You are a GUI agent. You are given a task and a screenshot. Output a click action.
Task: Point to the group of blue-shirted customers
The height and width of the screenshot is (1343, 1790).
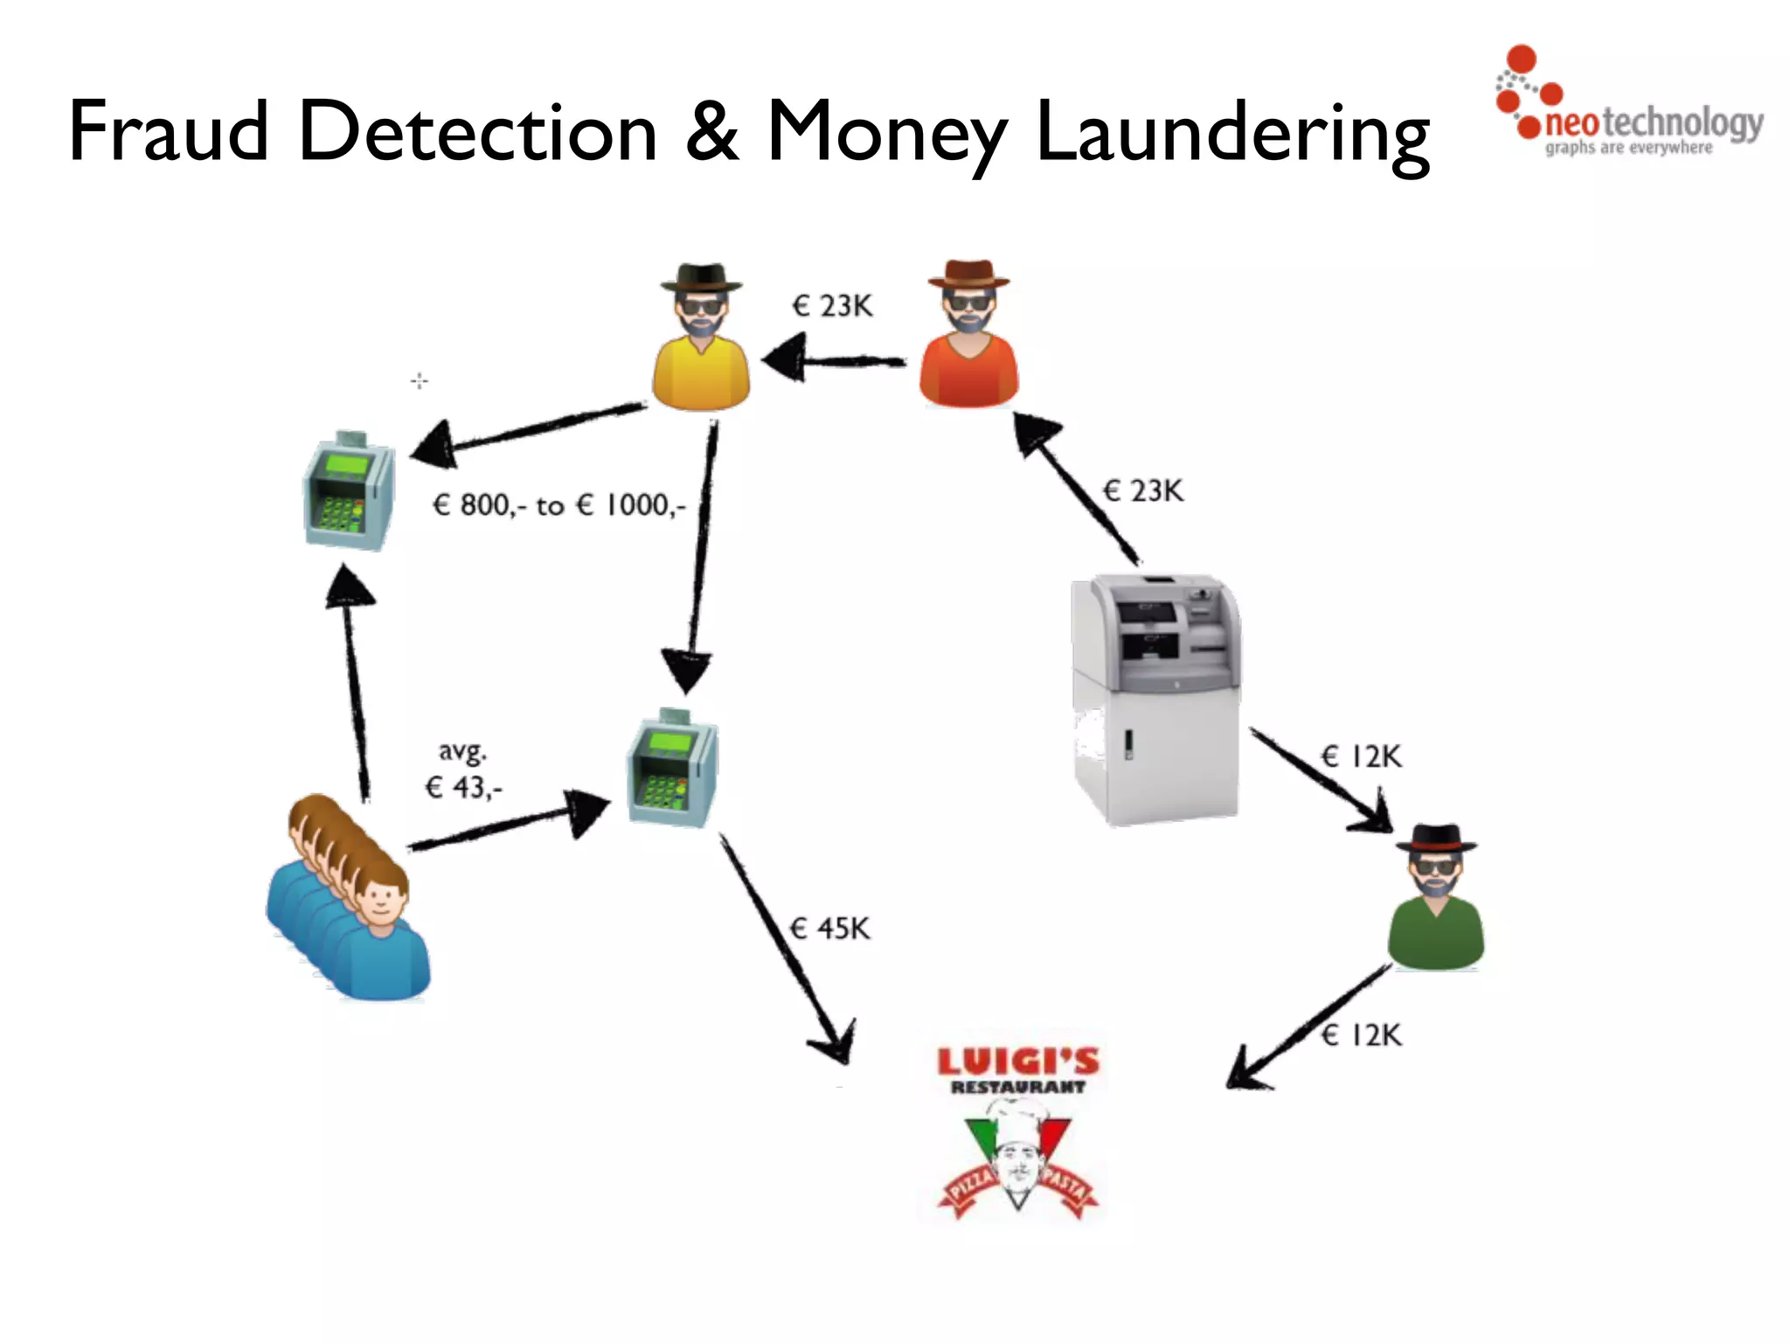click(x=350, y=901)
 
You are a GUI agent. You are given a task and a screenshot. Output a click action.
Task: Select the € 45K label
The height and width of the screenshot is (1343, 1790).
click(x=829, y=929)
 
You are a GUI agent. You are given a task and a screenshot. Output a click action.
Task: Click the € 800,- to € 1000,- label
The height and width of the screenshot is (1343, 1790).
click(x=559, y=505)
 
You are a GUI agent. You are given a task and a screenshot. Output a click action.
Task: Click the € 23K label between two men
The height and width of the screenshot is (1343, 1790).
click(x=832, y=306)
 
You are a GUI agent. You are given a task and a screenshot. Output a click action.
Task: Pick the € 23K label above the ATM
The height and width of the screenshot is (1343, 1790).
click(x=1143, y=491)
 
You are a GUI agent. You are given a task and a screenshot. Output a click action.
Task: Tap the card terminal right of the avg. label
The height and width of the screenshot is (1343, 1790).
click(x=672, y=769)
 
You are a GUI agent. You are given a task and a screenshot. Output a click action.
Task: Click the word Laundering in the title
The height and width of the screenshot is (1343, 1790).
click(x=1232, y=133)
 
